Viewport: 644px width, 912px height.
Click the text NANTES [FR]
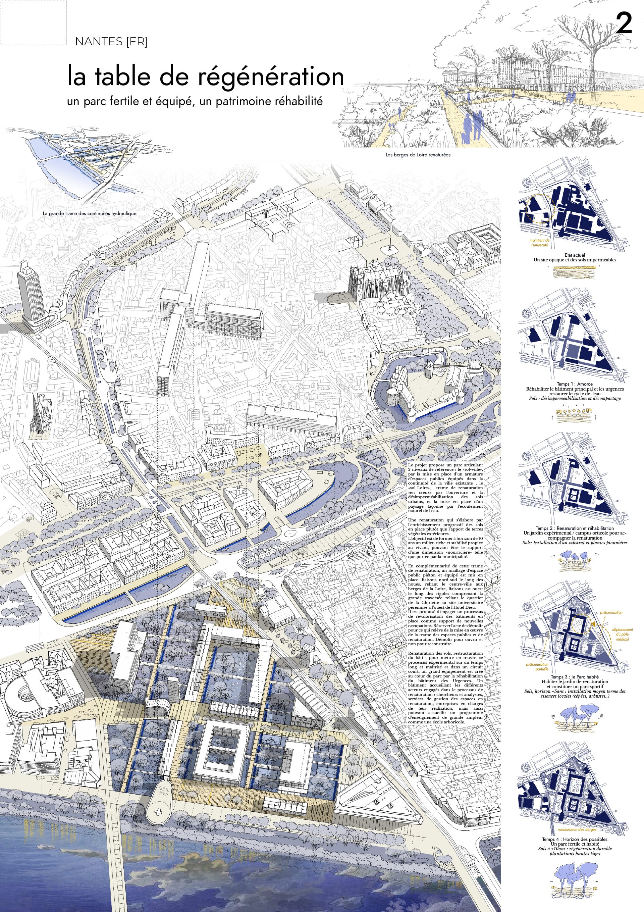pos(111,42)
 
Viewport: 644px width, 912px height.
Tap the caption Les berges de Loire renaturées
pos(418,155)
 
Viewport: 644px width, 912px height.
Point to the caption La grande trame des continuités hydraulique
pos(89,214)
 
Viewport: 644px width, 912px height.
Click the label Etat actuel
pos(575,255)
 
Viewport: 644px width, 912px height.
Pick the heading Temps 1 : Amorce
pos(575,384)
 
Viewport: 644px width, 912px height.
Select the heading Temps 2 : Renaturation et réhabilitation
pos(575,528)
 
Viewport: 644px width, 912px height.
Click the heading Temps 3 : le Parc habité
pos(575,677)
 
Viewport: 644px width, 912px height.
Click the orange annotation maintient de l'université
pos(539,243)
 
